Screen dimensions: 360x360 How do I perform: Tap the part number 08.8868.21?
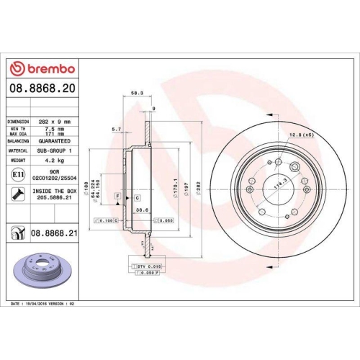click(x=55, y=233)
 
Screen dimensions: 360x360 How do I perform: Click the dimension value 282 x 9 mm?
click(x=54, y=122)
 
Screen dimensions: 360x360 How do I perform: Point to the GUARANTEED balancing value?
click(x=54, y=141)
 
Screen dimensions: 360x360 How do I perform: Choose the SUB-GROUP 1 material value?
click(x=55, y=150)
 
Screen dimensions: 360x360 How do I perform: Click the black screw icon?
click(x=16, y=192)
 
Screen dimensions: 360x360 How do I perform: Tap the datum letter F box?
click(x=117, y=196)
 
